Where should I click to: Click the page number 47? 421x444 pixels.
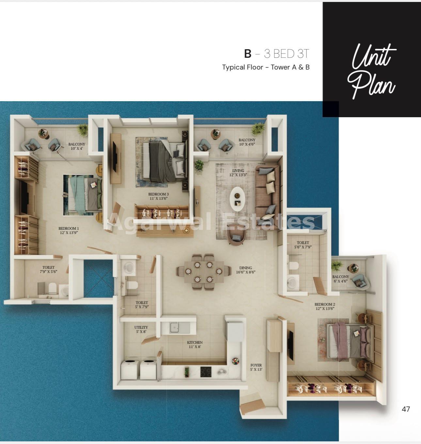pos(406,409)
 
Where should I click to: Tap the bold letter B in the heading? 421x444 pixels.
pos(248,54)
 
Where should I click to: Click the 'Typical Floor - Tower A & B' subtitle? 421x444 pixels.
pos(266,67)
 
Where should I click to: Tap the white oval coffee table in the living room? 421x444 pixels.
pos(237,199)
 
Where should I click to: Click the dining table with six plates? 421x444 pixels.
pos(204,272)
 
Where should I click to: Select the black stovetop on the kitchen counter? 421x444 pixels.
pos(206,372)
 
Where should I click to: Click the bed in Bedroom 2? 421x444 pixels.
pos(350,341)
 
